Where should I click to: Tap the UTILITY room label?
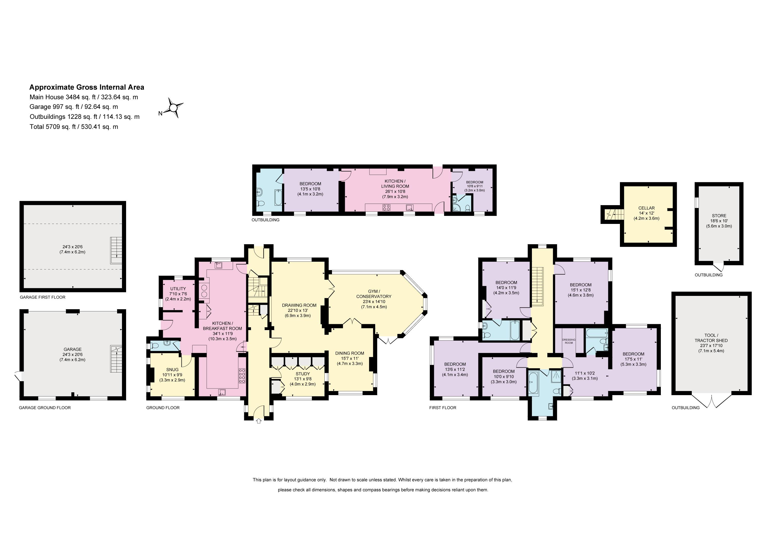178,289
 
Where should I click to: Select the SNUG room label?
172,370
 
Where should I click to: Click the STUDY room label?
303,374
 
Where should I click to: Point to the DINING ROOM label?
350,353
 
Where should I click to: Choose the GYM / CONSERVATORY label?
374,294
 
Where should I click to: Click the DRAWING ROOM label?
299,305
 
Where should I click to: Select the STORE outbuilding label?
719,216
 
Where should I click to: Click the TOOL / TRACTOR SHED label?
711,338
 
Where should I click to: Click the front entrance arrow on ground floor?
259,421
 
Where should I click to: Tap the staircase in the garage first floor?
116,250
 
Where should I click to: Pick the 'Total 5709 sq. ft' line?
74,126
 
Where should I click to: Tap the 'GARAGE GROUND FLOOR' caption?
45,408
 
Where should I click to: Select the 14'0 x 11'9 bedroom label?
506,287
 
